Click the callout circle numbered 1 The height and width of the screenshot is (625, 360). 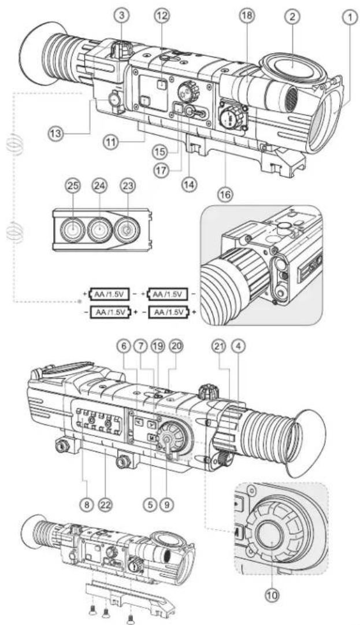point(348,19)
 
